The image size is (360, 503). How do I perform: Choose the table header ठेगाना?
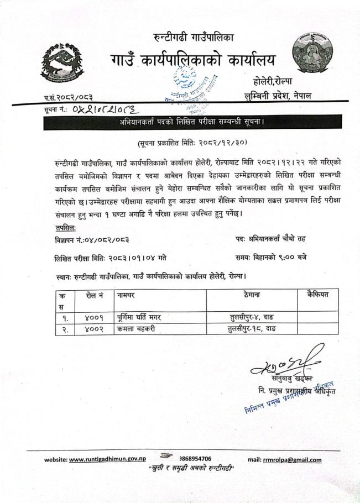(x=252, y=296)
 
